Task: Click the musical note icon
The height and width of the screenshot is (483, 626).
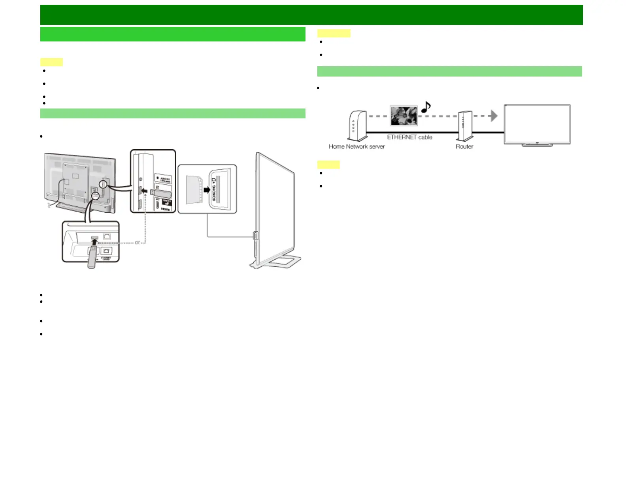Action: click(x=426, y=107)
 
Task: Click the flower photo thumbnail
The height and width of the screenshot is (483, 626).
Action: click(x=404, y=116)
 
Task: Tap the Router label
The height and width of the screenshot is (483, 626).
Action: click(x=464, y=146)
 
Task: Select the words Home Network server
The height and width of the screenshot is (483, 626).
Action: click(x=356, y=146)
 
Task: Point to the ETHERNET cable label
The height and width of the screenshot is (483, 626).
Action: click(x=409, y=137)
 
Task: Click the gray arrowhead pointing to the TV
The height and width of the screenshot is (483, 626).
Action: click(x=493, y=116)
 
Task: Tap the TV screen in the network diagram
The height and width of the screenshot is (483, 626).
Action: click(x=537, y=124)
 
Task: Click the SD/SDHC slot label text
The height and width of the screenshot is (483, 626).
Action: click(x=214, y=189)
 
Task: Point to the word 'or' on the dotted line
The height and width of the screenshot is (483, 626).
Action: click(x=137, y=243)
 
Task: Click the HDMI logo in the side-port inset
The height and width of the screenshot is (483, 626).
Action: click(x=166, y=209)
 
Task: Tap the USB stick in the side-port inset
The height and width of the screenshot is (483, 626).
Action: click(x=161, y=194)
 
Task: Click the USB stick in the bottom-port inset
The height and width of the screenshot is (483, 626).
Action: click(x=92, y=258)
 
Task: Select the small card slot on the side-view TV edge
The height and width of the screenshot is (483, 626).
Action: click(x=255, y=236)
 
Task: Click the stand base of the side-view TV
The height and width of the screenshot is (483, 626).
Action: click(x=277, y=262)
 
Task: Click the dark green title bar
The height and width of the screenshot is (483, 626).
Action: click(x=311, y=15)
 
